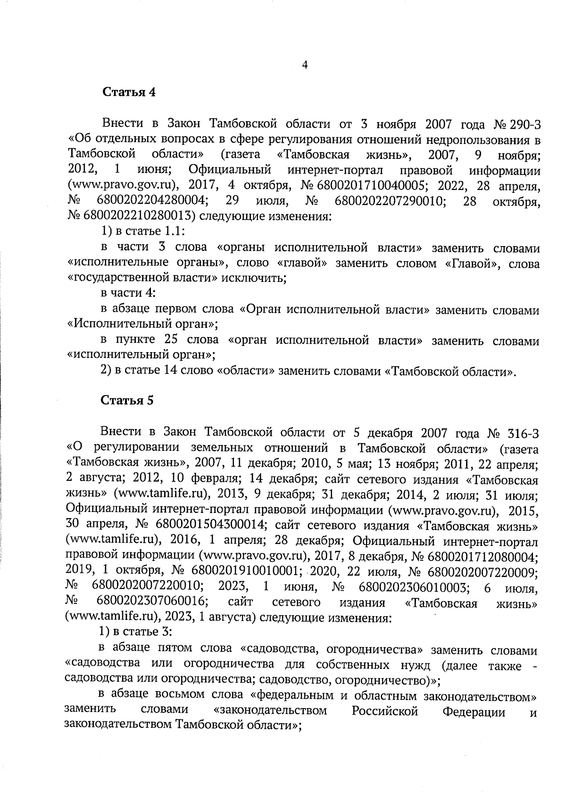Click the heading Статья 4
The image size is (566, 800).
coord(129,92)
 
